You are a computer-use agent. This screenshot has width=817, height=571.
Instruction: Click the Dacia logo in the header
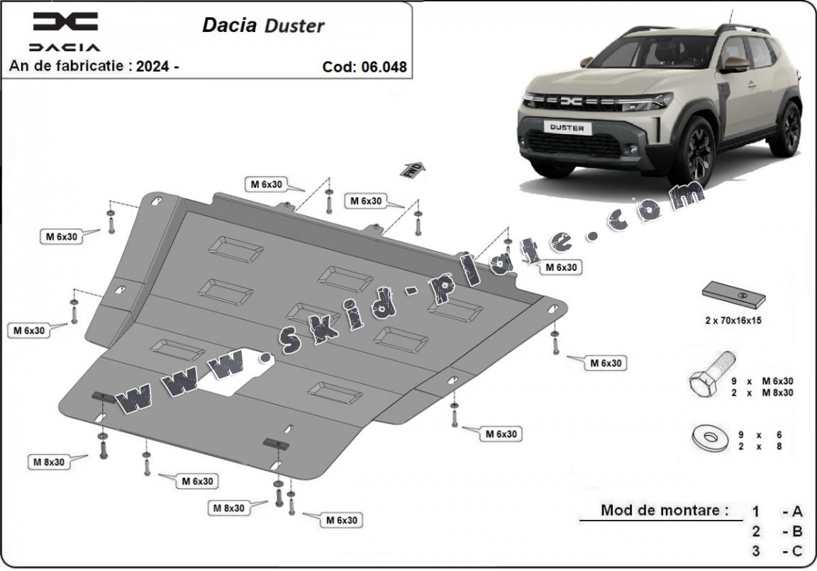pyautogui.click(x=65, y=23)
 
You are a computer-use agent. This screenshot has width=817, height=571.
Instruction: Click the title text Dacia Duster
pyautogui.click(x=263, y=26)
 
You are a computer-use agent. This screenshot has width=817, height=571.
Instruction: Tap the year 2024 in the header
pyautogui.click(x=156, y=66)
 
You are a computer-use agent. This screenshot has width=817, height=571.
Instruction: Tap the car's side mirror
pyautogui.click(x=735, y=64)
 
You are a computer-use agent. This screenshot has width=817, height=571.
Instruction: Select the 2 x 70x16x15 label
pyautogui.click(x=733, y=320)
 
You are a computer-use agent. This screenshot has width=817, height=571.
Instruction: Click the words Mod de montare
pyautogui.click(x=665, y=509)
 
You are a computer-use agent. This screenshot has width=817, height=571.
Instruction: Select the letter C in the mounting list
pyautogui.click(x=797, y=551)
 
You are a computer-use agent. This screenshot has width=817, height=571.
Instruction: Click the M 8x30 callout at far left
pyautogui.click(x=48, y=462)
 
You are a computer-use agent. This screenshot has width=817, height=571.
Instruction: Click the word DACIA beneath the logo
pyautogui.click(x=65, y=48)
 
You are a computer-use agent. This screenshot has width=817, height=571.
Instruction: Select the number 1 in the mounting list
pyautogui.click(x=756, y=511)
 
